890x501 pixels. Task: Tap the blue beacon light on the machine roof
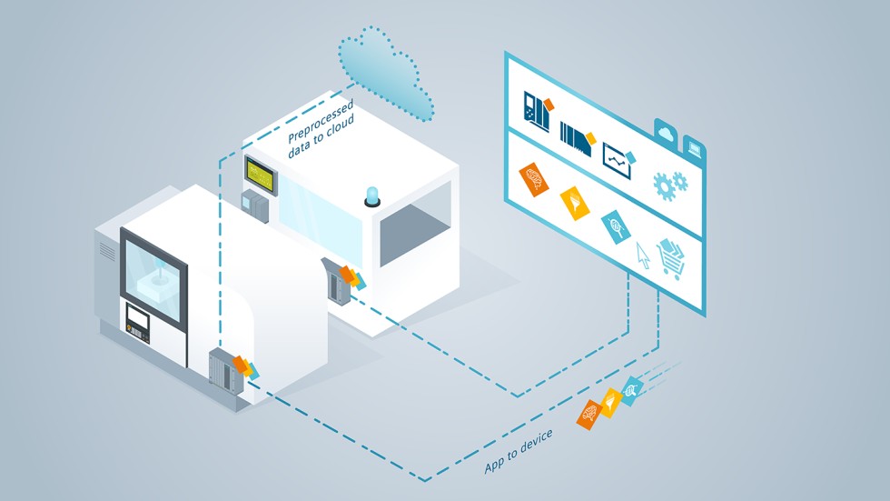[371, 195]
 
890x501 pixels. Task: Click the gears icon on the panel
[670, 185]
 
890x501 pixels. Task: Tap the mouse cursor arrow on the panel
[643, 256]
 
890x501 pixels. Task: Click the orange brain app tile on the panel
[534, 177]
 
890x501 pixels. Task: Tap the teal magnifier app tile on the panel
[614, 224]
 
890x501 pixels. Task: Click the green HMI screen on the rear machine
[258, 173]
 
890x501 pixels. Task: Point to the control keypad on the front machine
[139, 321]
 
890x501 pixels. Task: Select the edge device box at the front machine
[222, 368]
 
